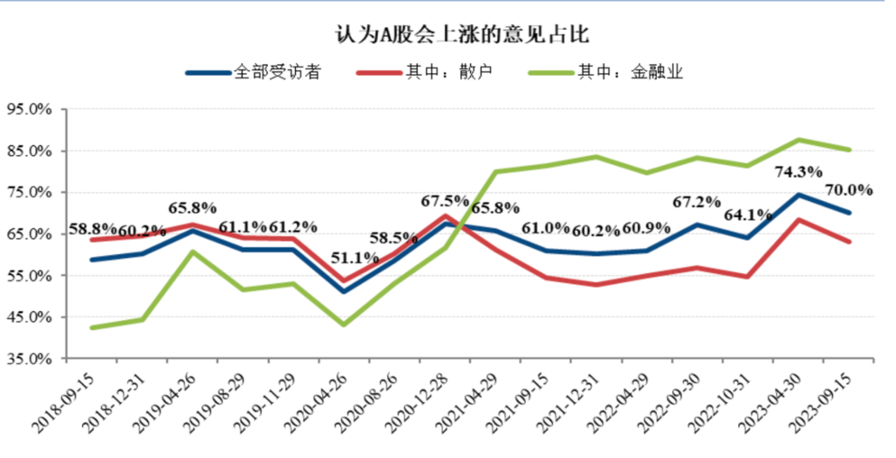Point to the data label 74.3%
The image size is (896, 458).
click(x=798, y=172)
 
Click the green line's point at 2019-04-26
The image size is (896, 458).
click(x=193, y=251)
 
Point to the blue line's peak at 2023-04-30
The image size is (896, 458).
click(x=799, y=195)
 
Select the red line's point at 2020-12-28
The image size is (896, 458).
click(x=446, y=215)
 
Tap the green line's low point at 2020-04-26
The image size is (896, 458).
click(x=345, y=325)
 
